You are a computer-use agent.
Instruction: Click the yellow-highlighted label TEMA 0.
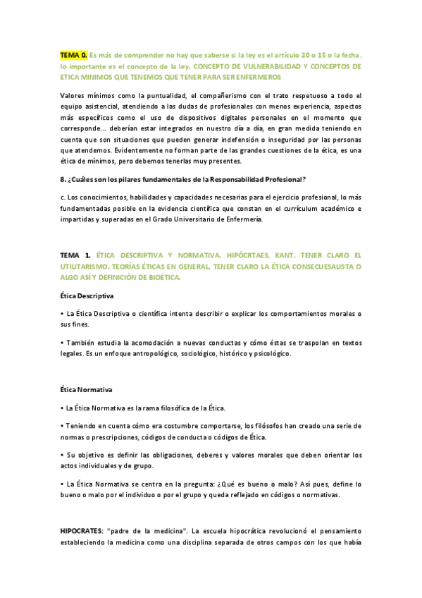[x=74, y=54]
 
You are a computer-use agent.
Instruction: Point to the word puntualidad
[x=149, y=94]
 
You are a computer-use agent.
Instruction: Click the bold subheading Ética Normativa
[x=86, y=390]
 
